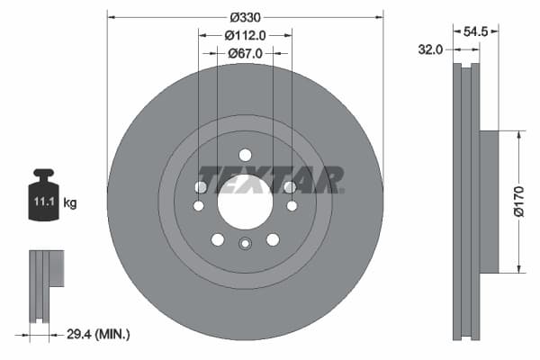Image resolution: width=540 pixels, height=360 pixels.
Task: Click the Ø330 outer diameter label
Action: coord(245,17)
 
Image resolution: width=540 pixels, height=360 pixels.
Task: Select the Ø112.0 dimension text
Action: coord(245,35)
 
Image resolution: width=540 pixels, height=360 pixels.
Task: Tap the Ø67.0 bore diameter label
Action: coord(245,53)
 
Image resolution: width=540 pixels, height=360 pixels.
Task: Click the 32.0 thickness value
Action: coord(431,50)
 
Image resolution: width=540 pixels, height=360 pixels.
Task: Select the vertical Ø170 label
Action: coord(517,202)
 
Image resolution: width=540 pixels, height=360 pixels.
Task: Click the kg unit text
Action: coord(70,203)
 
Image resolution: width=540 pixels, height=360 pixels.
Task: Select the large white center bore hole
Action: coord(245,202)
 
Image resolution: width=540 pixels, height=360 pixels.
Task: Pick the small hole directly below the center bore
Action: coord(245,243)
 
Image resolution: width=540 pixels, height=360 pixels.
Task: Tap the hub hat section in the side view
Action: coord(488,202)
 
